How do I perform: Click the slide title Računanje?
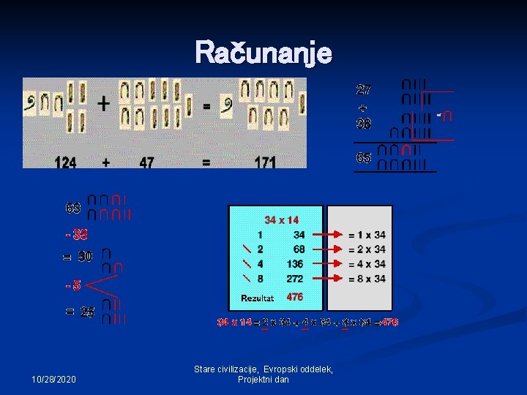click(x=263, y=53)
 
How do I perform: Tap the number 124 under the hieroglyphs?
click(x=66, y=162)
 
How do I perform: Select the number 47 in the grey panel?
click(x=146, y=162)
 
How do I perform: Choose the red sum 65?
click(x=363, y=157)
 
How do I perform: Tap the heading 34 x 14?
click(x=281, y=219)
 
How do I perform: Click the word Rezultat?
click(x=257, y=298)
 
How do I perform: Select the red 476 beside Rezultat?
click(x=294, y=297)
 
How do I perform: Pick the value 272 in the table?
click(x=295, y=279)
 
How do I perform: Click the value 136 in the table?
click(x=295, y=264)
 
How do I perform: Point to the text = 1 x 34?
click(x=367, y=235)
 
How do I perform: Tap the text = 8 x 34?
click(x=367, y=279)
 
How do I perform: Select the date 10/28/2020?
click(x=55, y=380)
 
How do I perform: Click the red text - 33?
click(x=76, y=235)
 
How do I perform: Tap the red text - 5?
click(x=72, y=285)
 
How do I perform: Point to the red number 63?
click(x=73, y=208)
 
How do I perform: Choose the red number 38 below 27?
click(x=363, y=123)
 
